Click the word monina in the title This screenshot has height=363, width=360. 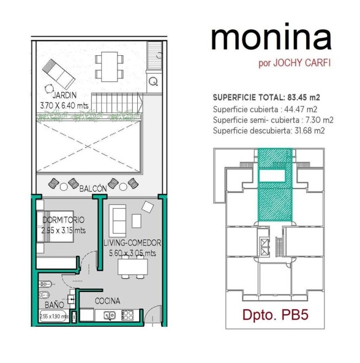click(x=271, y=37)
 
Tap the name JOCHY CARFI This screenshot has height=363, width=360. click(x=302, y=63)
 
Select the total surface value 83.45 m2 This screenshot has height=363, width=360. click(x=304, y=98)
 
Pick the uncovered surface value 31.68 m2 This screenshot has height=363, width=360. click(x=310, y=131)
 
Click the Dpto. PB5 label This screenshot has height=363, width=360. click(x=275, y=315)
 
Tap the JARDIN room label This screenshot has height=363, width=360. click(x=65, y=95)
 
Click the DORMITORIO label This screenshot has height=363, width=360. click(x=63, y=220)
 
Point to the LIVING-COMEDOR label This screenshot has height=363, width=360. click(x=132, y=243)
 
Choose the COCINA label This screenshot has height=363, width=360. click(x=107, y=301)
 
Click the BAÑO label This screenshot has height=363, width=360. click(x=54, y=304)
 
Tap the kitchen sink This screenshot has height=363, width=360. click(x=110, y=315)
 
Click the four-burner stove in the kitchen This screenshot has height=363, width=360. click(x=127, y=315)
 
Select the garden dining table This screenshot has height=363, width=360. click(x=110, y=67)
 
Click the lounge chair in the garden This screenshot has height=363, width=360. click(x=59, y=74)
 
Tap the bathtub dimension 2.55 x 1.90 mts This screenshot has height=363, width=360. click(x=54, y=316)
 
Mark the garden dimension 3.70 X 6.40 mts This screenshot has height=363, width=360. click(x=64, y=106)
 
